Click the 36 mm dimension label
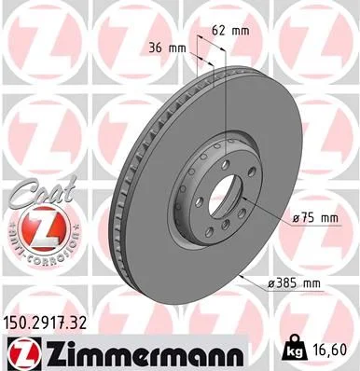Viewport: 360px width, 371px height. point(167,48)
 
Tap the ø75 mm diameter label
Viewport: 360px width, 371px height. point(312,217)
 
